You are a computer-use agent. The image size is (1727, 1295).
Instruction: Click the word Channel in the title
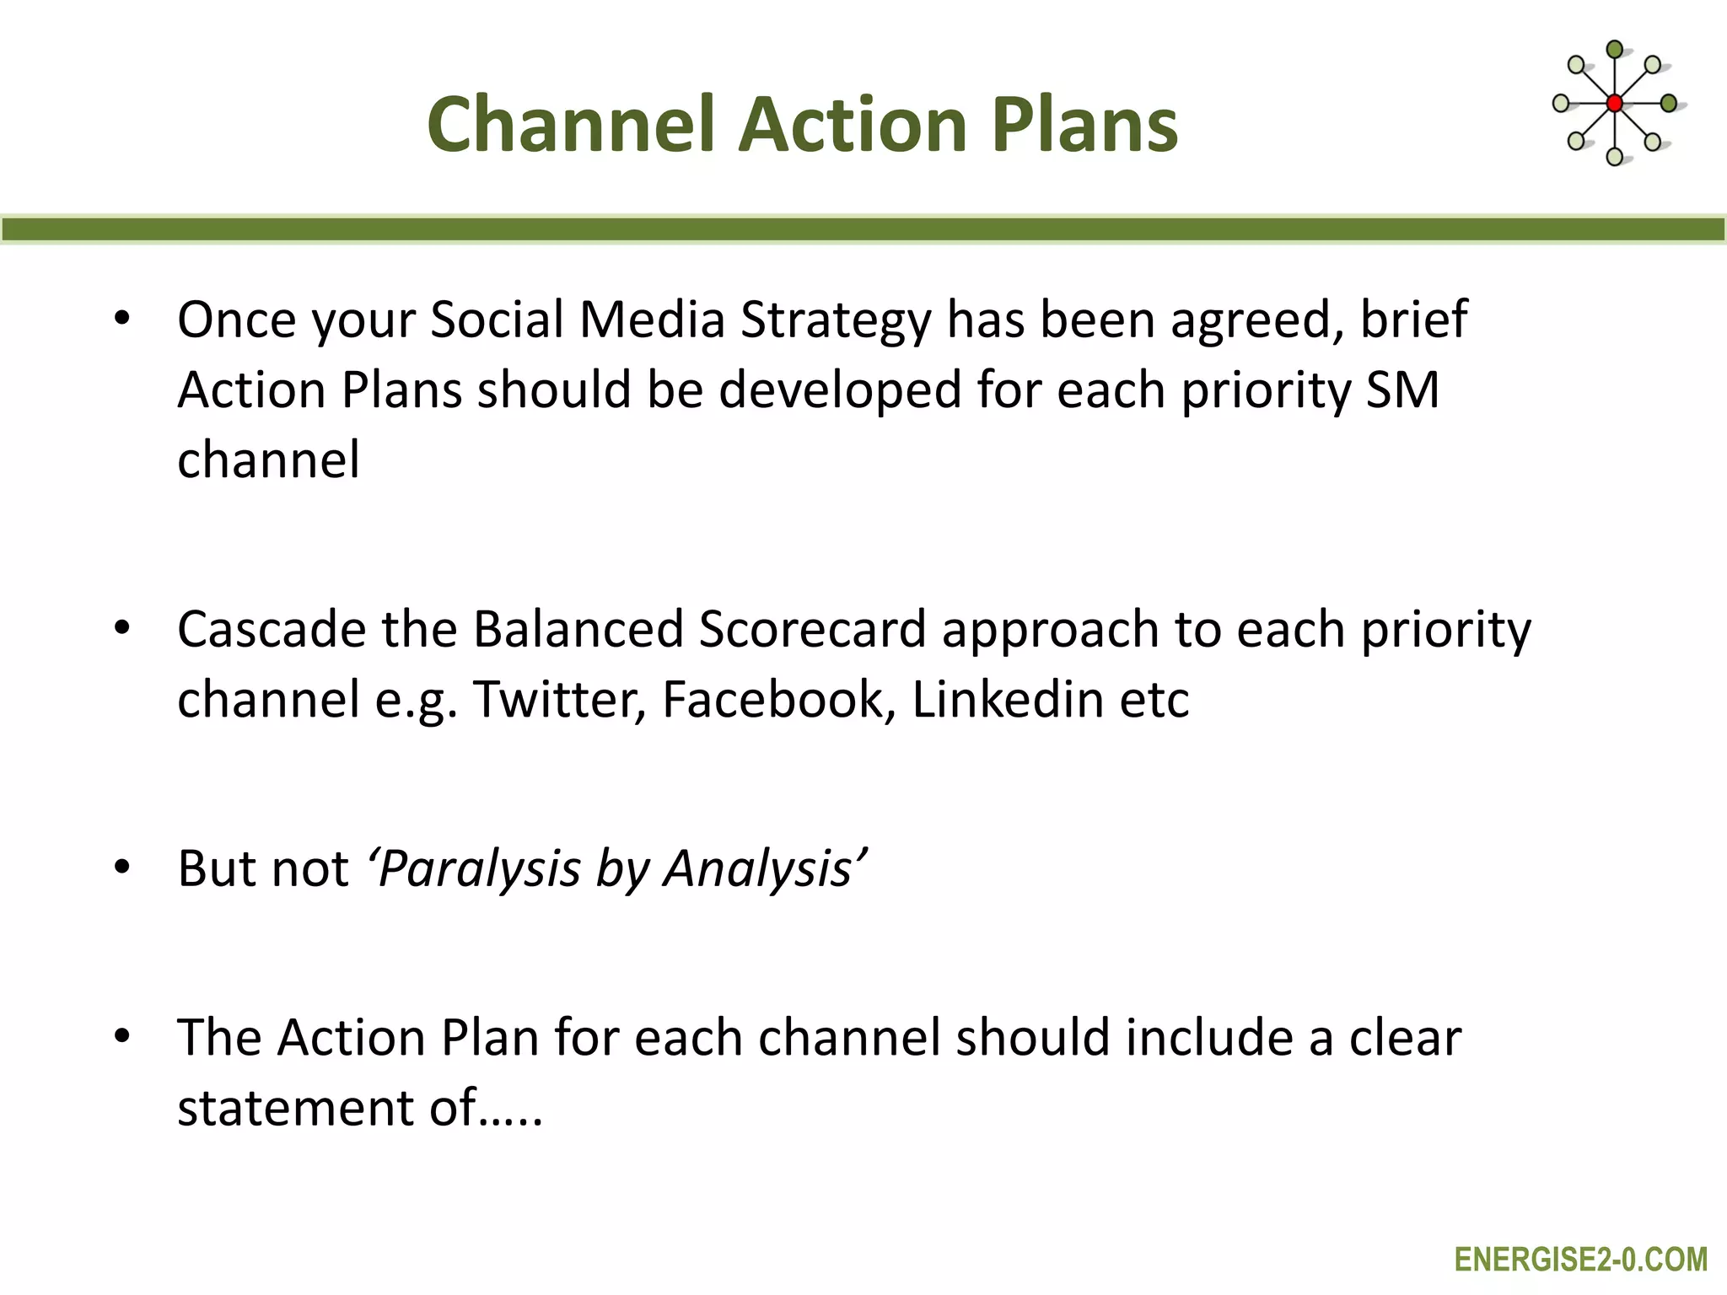click(571, 124)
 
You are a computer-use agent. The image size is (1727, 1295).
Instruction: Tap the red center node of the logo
click(1614, 104)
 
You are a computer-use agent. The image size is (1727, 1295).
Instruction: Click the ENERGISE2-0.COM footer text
click(1580, 1260)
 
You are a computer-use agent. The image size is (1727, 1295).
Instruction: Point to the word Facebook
click(777, 700)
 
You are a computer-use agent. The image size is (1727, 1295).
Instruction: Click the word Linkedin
click(1008, 700)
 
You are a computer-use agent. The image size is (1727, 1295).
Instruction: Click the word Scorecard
click(812, 630)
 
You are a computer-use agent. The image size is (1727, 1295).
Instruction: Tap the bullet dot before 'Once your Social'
click(122, 319)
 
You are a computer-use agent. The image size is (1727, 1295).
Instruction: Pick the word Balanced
click(578, 630)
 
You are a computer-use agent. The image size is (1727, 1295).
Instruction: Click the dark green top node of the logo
click(1614, 50)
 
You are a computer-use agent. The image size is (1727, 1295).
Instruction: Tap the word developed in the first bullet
click(840, 390)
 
